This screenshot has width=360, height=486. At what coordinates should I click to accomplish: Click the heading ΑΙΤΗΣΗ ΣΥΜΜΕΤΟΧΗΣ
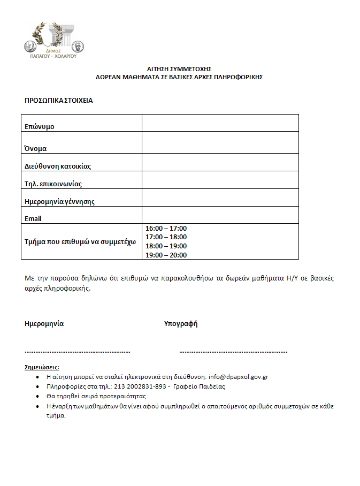pos(180,69)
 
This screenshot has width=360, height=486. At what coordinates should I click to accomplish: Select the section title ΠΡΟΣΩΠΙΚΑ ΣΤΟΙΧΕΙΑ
pos(59,100)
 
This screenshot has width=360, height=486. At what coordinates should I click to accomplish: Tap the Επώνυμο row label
pos(40,127)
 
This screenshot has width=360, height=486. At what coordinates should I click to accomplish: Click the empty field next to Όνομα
pos(220,142)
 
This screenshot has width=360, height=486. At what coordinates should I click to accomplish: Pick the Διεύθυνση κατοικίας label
pos(58,166)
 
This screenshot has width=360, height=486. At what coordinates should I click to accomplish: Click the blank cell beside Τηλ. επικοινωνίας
pos(220,180)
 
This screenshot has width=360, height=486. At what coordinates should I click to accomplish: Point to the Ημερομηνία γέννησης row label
pos(59,201)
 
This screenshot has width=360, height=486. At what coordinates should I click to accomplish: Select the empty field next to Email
pos(220,215)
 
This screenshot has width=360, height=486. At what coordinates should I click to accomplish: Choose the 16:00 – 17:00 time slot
pos(166,229)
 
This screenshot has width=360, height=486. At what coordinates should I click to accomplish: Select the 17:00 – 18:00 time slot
pos(166,237)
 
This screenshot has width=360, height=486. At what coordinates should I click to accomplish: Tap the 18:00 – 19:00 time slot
pos(166,246)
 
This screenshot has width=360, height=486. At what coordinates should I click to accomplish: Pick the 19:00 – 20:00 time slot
pos(166,255)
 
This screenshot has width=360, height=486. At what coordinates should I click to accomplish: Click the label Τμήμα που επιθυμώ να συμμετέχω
pos(80,241)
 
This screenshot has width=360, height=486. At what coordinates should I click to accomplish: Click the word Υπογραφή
pos(181,324)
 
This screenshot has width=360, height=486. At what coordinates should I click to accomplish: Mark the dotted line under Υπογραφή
pos(233,352)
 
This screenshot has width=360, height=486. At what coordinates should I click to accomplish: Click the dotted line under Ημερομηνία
pos(78,352)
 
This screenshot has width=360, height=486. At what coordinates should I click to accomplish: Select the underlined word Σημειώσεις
pos(42,368)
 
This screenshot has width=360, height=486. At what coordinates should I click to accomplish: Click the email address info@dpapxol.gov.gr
pos(238,377)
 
